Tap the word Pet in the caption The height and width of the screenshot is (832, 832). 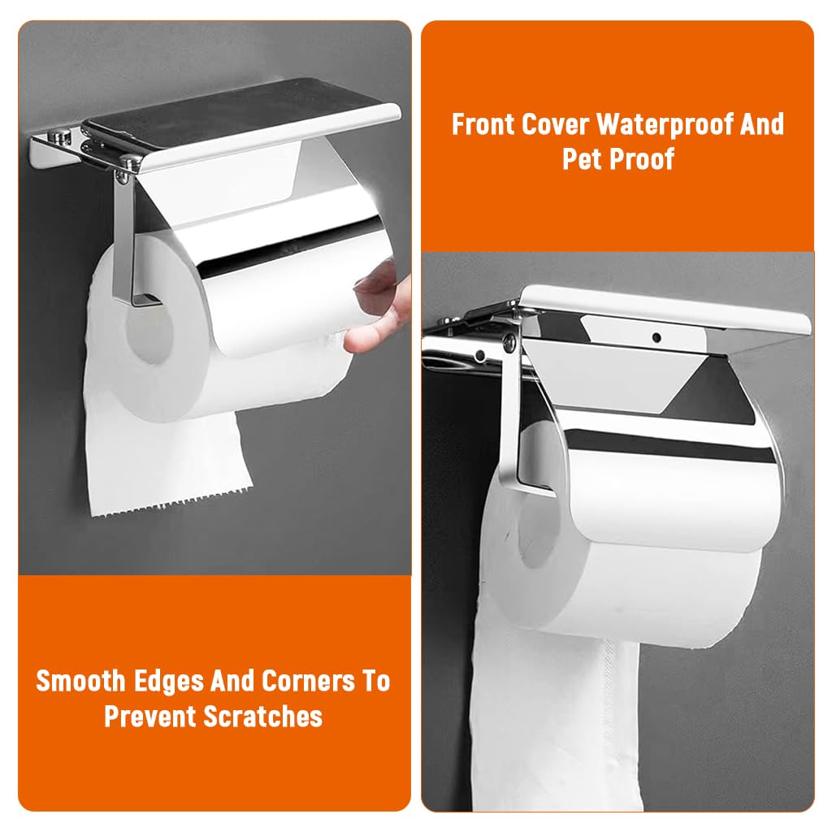pyautogui.click(x=583, y=158)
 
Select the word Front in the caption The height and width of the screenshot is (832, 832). pyautogui.click(x=483, y=126)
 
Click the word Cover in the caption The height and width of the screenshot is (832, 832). pyautogui.click(x=555, y=126)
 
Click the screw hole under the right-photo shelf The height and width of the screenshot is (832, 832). pyautogui.click(x=656, y=334)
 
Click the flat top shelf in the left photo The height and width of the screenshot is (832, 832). pyautogui.click(x=244, y=122)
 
